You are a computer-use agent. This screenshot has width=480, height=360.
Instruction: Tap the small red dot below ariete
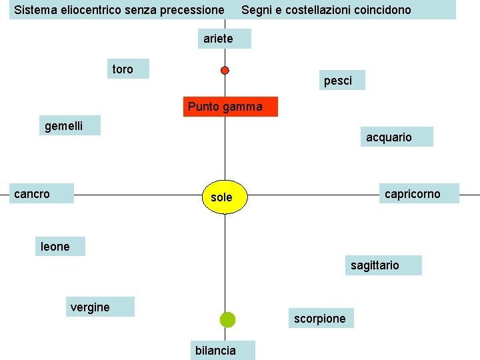coord(225,70)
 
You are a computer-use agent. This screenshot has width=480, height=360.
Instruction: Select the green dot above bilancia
coord(227,319)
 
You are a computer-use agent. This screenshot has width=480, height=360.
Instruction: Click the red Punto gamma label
coord(230,107)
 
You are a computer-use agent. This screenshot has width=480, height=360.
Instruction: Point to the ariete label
coord(224,39)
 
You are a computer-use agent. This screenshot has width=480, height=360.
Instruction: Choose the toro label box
coord(129,69)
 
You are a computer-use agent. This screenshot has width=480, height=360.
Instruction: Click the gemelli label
coord(69,125)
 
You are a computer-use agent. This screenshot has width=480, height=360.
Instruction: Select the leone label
coord(61,246)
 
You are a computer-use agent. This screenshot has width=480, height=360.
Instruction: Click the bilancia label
coord(215,350)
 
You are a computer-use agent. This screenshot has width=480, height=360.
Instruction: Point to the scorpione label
coord(320,318)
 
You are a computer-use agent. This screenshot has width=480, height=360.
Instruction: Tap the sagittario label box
coord(383,265)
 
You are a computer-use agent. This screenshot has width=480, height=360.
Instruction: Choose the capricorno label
coord(418,193)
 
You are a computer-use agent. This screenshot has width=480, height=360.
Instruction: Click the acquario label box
coord(396,137)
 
